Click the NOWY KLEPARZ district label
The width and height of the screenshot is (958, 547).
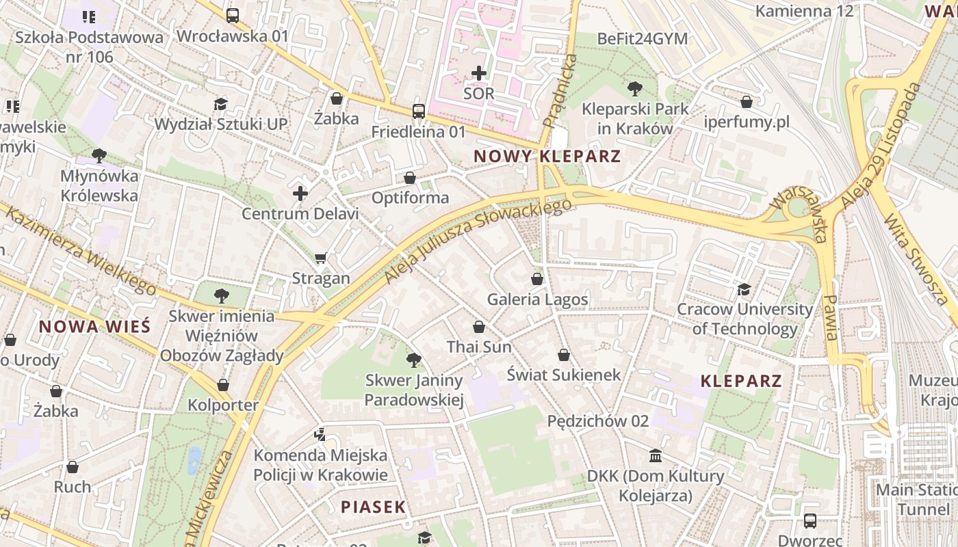coord(547,156)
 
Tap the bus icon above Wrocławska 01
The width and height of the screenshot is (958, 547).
coord(233,15)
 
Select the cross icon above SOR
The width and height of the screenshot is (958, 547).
coord(479,72)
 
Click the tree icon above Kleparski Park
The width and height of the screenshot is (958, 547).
coord(635,88)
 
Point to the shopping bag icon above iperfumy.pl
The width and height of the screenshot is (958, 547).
coord(747,102)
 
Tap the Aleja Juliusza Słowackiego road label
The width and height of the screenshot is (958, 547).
coord(478,240)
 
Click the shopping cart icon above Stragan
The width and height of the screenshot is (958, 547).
coord(320,258)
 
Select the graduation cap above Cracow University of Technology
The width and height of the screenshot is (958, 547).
coord(744,289)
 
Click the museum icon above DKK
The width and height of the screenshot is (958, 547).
coord(656,455)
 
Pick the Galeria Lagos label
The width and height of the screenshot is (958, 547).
coord(537,299)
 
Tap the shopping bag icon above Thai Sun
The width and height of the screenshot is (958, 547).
coord(479,327)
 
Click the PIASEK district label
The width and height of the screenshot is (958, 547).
coord(374,507)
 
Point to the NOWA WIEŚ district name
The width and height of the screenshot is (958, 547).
coord(94,326)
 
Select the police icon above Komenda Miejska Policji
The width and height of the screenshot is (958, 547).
coord(320,434)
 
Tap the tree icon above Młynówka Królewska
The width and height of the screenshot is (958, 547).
coord(99,155)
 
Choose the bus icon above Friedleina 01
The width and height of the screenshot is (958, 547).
coord(418,111)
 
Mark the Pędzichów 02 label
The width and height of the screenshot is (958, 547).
coord(597,421)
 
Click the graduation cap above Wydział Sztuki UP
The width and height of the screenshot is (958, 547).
coord(220,104)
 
